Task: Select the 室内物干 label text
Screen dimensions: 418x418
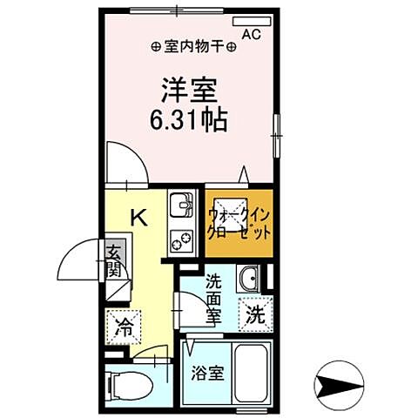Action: pyautogui.click(x=185, y=47)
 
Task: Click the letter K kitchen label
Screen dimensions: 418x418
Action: pyautogui.click(x=138, y=217)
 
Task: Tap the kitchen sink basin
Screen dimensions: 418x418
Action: pyautogui.click(x=181, y=206)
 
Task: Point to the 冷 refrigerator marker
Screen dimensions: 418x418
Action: pyautogui.click(x=125, y=328)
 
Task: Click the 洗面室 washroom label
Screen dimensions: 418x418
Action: pyautogui.click(x=214, y=299)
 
